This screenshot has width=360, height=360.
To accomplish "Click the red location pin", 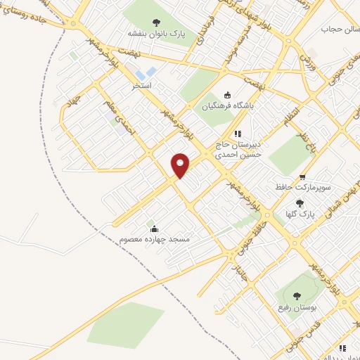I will [181, 165].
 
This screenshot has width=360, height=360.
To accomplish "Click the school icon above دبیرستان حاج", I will [238, 133].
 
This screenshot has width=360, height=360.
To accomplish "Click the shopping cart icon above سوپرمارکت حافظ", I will [302, 177].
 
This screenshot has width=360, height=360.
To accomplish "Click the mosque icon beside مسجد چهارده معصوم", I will [154, 228].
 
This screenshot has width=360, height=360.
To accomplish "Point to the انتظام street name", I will [290, 115].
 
